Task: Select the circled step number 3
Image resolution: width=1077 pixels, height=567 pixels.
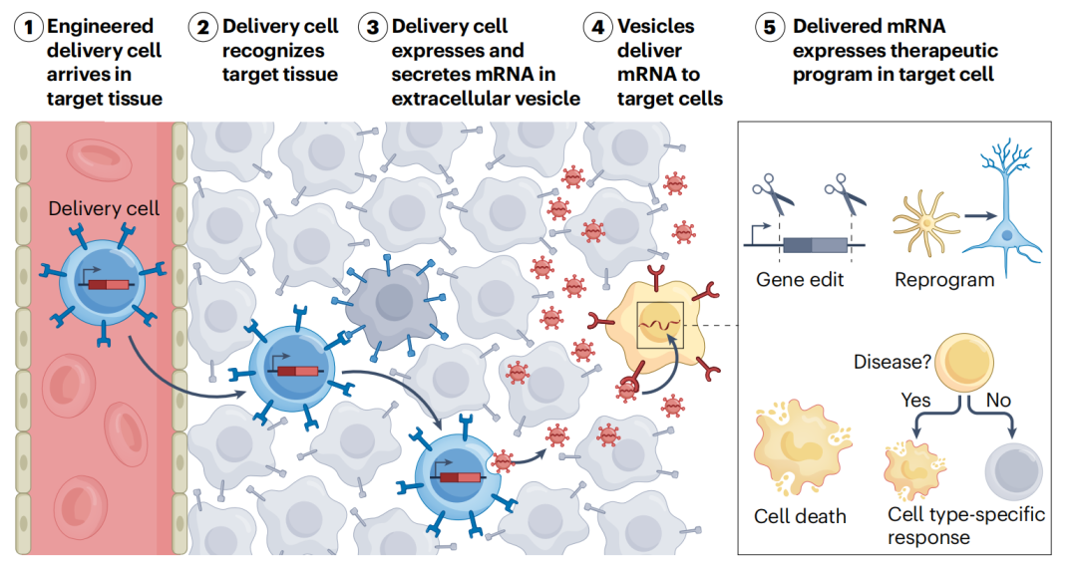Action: (374, 26)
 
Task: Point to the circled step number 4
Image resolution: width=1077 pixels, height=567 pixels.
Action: (598, 26)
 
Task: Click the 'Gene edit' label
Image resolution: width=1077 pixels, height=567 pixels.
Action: (800, 280)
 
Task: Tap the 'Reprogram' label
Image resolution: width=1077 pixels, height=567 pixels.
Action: (943, 280)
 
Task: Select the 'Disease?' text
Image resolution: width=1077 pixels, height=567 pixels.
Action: (891, 361)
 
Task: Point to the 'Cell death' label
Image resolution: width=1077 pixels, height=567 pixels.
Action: (800, 516)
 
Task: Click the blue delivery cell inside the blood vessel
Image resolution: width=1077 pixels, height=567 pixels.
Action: (103, 284)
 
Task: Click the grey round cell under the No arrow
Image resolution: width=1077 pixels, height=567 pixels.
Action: (1012, 470)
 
